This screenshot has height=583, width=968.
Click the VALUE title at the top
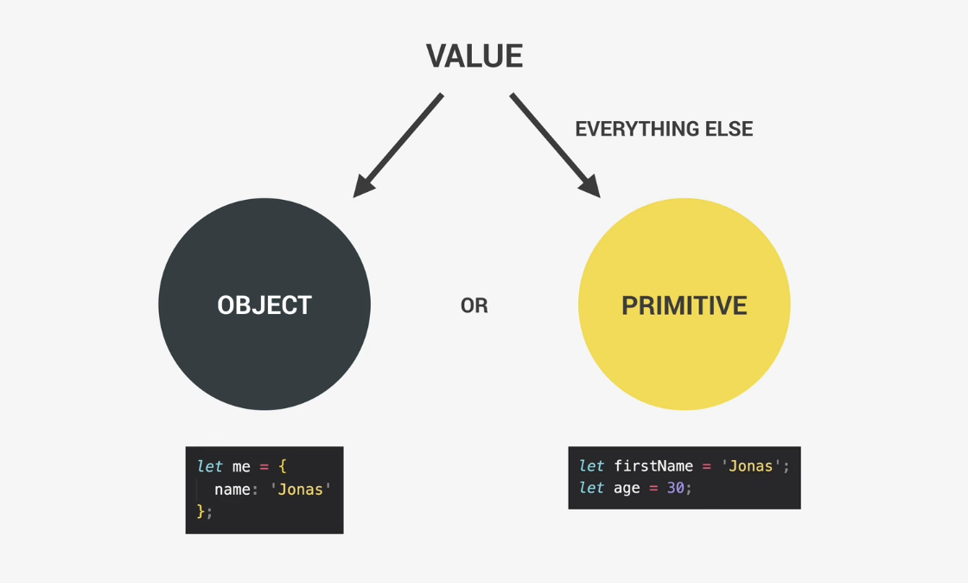point(474,55)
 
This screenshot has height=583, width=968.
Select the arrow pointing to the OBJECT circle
point(398,145)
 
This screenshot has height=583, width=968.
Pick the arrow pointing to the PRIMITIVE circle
point(555,145)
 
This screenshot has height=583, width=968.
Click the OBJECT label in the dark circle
point(264,305)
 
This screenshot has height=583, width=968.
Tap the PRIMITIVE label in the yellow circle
point(684,305)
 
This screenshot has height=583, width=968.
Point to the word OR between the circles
point(474,305)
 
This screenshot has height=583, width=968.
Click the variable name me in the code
point(241,467)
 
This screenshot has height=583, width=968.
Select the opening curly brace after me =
point(282,466)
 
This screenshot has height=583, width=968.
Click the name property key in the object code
point(232,490)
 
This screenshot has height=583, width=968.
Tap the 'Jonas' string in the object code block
point(301,490)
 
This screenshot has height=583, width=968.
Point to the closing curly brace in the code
point(200,511)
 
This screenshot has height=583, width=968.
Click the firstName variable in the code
point(653,466)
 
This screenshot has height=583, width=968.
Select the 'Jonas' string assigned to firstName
point(751,466)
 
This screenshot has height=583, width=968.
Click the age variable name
point(627,489)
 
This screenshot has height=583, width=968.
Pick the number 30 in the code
point(675,488)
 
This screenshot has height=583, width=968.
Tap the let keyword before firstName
point(591,465)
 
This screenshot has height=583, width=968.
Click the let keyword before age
point(591,488)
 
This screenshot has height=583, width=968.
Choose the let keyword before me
point(210,466)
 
